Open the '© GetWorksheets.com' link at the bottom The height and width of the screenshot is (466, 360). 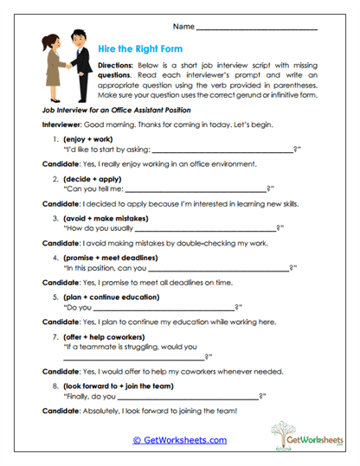[179, 440]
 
